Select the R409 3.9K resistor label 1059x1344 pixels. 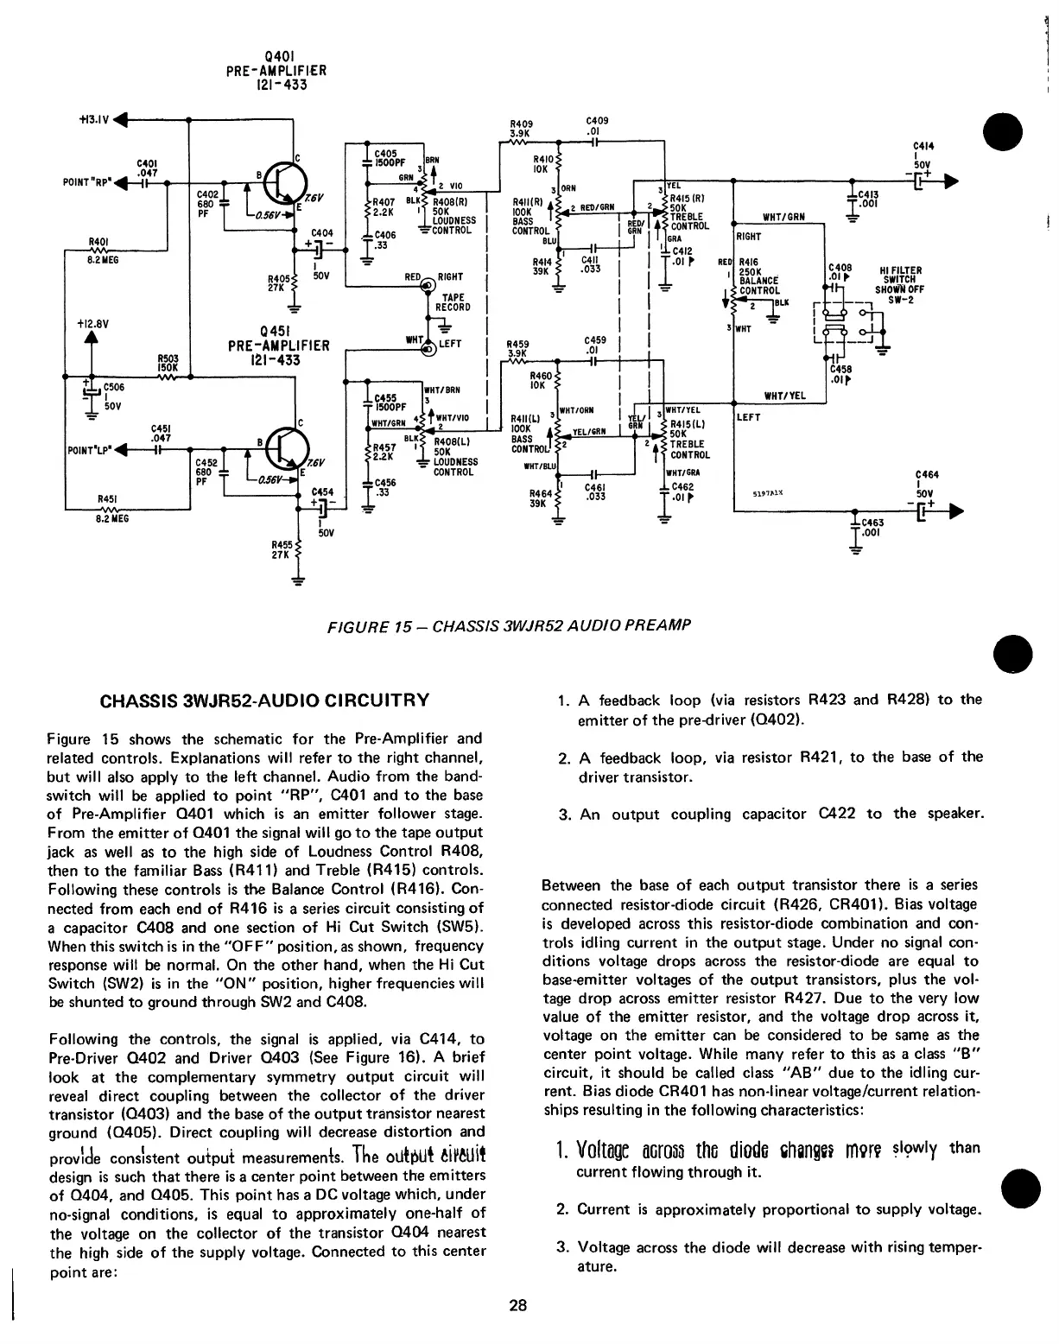(x=521, y=128)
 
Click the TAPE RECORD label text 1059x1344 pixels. (x=453, y=302)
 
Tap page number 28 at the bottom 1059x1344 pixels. (x=517, y=1305)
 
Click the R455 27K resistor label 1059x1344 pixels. (x=282, y=549)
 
